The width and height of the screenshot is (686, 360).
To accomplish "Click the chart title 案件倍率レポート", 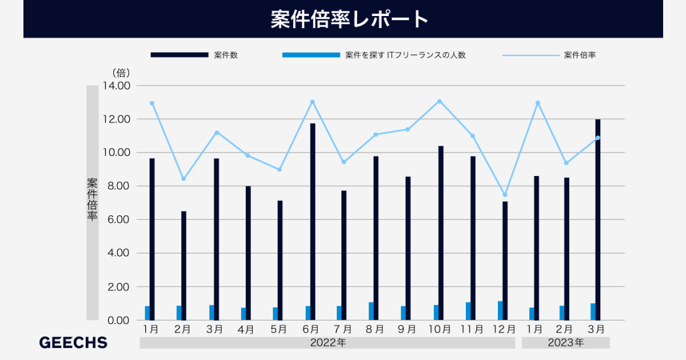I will pyautogui.click(x=349, y=19).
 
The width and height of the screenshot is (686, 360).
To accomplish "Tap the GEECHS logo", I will pyautogui.click(x=73, y=342).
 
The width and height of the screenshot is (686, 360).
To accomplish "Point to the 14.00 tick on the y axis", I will pyautogui.click(x=117, y=86).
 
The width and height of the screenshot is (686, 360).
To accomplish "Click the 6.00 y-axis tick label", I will pyautogui.click(x=118, y=219).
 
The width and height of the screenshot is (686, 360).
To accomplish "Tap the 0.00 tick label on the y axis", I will pyautogui.click(x=118, y=320).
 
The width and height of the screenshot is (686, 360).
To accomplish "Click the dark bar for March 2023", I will pyautogui.click(x=597, y=220).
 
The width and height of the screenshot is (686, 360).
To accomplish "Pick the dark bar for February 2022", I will pyautogui.click(x=184, y=266).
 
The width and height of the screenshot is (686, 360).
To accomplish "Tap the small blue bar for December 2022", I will pyautogui.click(x=500, y=310).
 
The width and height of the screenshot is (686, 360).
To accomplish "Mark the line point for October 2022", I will pyautogui.click(x=440, y=101).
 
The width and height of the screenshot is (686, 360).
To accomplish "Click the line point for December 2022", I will pyautogui.click(x=505, y=195).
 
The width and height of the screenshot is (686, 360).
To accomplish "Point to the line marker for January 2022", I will pyautogui.click(x=152, y=103).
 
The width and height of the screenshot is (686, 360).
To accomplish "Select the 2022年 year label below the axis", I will pyautogui.click(x=328, y=343).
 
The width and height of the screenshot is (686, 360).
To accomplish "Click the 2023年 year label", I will pyautogui.click(x=565, y=343).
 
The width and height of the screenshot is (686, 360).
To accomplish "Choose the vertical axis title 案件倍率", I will pyautogui.click(x=92, y=199).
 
